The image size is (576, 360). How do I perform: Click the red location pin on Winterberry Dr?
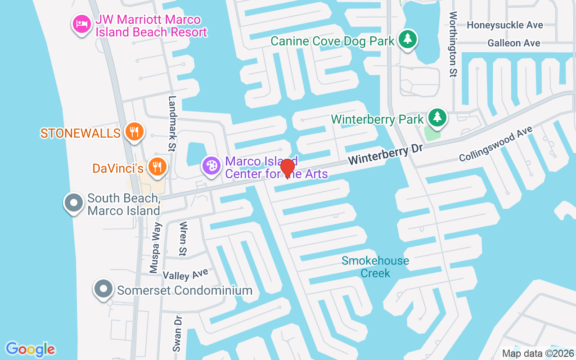[288, 168]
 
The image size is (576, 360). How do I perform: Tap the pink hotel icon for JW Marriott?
[81, 24]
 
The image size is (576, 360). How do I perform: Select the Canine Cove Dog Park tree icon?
[408, 39]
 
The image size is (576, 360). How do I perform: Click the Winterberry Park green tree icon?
[437, 117]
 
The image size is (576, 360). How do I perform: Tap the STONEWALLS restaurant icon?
[134, 132]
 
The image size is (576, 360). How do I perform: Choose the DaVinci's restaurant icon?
[157, 167]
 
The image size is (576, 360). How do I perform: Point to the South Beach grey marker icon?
[74, 203]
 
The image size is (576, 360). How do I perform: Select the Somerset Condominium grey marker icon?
[103, 288]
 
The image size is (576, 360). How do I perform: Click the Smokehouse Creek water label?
[375, 267]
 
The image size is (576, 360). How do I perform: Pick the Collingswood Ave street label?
[495, 144]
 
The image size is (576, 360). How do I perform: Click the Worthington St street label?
[453, 44]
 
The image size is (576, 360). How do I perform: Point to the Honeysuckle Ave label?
[504, 25]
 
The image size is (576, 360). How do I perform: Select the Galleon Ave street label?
[513, 43]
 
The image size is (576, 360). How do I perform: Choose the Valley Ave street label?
[185, 274]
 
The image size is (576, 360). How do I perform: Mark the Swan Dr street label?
[177, 333]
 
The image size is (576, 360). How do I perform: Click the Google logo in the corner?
[30, 349]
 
